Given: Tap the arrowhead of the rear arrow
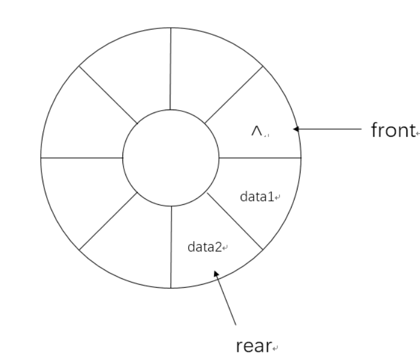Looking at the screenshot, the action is tap(217, 274).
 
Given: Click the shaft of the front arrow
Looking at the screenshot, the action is tap(331, 128).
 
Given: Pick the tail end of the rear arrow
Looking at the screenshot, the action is tap(237, 324).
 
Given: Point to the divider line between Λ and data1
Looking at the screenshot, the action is tap(260, 157).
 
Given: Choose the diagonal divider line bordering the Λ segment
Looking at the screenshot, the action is tap(234, 95).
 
